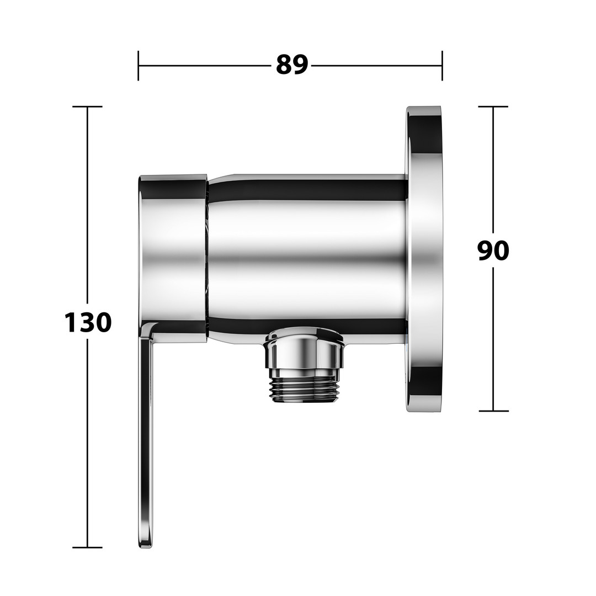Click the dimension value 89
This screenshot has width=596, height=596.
pos(291,65)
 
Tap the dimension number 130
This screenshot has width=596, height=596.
pos(88,322)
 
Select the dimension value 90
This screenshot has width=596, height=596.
pos(493,251)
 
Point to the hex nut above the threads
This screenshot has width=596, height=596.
pos(304,349)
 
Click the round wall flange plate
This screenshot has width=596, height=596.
pos(424,258)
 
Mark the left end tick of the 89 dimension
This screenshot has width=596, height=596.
pos(139,65)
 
